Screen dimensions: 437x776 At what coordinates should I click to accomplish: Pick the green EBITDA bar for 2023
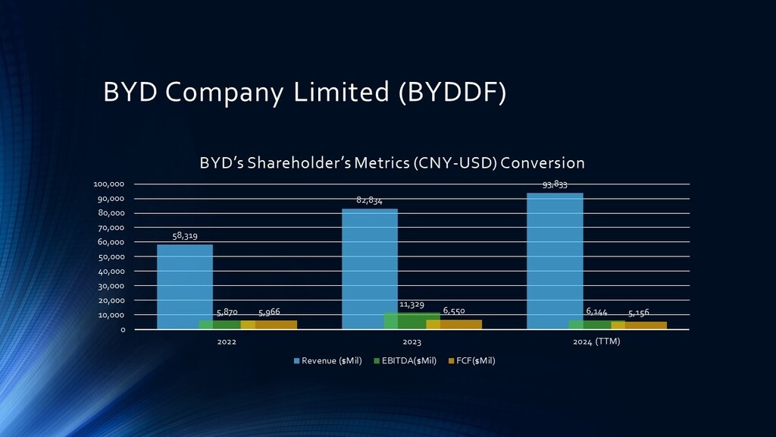pyautogui.click(x=411, y=321)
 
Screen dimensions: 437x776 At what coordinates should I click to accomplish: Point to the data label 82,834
pyautogui.click(x=369, y=200)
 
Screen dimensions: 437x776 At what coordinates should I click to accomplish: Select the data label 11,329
pyautogui.click(x=411, y=304)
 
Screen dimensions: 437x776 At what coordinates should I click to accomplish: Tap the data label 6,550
pyautogui.click(x=454, y=311)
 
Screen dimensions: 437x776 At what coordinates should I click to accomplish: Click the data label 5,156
pyautogui.click(x=639, y=313)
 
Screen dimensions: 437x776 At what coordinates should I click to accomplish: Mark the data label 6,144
pyautogui.click(x=596, y=312)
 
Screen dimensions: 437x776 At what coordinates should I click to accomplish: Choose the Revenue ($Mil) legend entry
pyautogui.click(x=328, y=360)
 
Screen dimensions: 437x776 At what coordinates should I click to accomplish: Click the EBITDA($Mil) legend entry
pyautogui.click(x=408, y=360)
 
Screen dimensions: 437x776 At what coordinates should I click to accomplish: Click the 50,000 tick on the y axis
pyautogui.click(x=111, y=256)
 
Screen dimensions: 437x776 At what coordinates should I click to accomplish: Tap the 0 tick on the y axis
pyautogui.click(x=122, y=329)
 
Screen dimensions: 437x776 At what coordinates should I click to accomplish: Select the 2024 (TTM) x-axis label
pyautogui.click(x=596, y=342)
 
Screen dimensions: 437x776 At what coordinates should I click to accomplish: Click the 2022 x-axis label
pyautogui.click(x=227, y=342)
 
